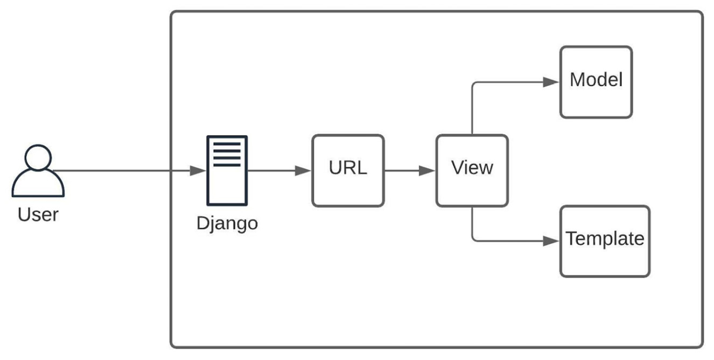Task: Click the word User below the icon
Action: [38, 215]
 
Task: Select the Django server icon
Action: [227, 171]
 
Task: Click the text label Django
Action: [227, 223]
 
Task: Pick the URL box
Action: [348, 171]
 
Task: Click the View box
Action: [472, 171]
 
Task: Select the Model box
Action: [596, 82]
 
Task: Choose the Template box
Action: [605, 241]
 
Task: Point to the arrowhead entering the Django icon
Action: [199, 171]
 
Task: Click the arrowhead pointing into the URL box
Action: [304, 171]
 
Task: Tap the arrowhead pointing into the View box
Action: [428, 171]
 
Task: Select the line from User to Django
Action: [124, 171]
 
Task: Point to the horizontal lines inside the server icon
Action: [227, 153]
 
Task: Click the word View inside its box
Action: [472, 168]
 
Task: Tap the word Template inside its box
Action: [605, 238]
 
